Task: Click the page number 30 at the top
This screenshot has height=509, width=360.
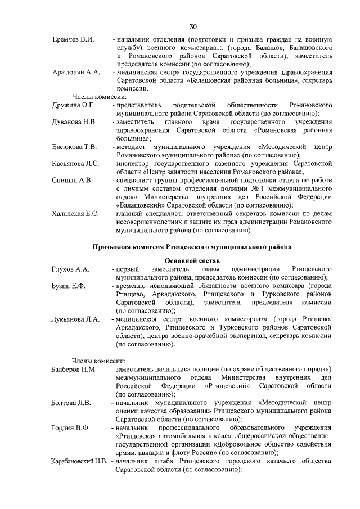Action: pos(193,26)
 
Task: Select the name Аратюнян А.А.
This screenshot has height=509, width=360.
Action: pos(76,73)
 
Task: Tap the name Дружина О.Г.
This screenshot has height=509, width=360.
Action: pos(74,105)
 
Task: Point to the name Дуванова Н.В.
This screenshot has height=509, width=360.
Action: pos(74,121)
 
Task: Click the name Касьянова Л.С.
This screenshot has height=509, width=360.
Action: pos(75,164)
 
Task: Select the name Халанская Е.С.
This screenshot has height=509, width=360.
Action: pos(75,214)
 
